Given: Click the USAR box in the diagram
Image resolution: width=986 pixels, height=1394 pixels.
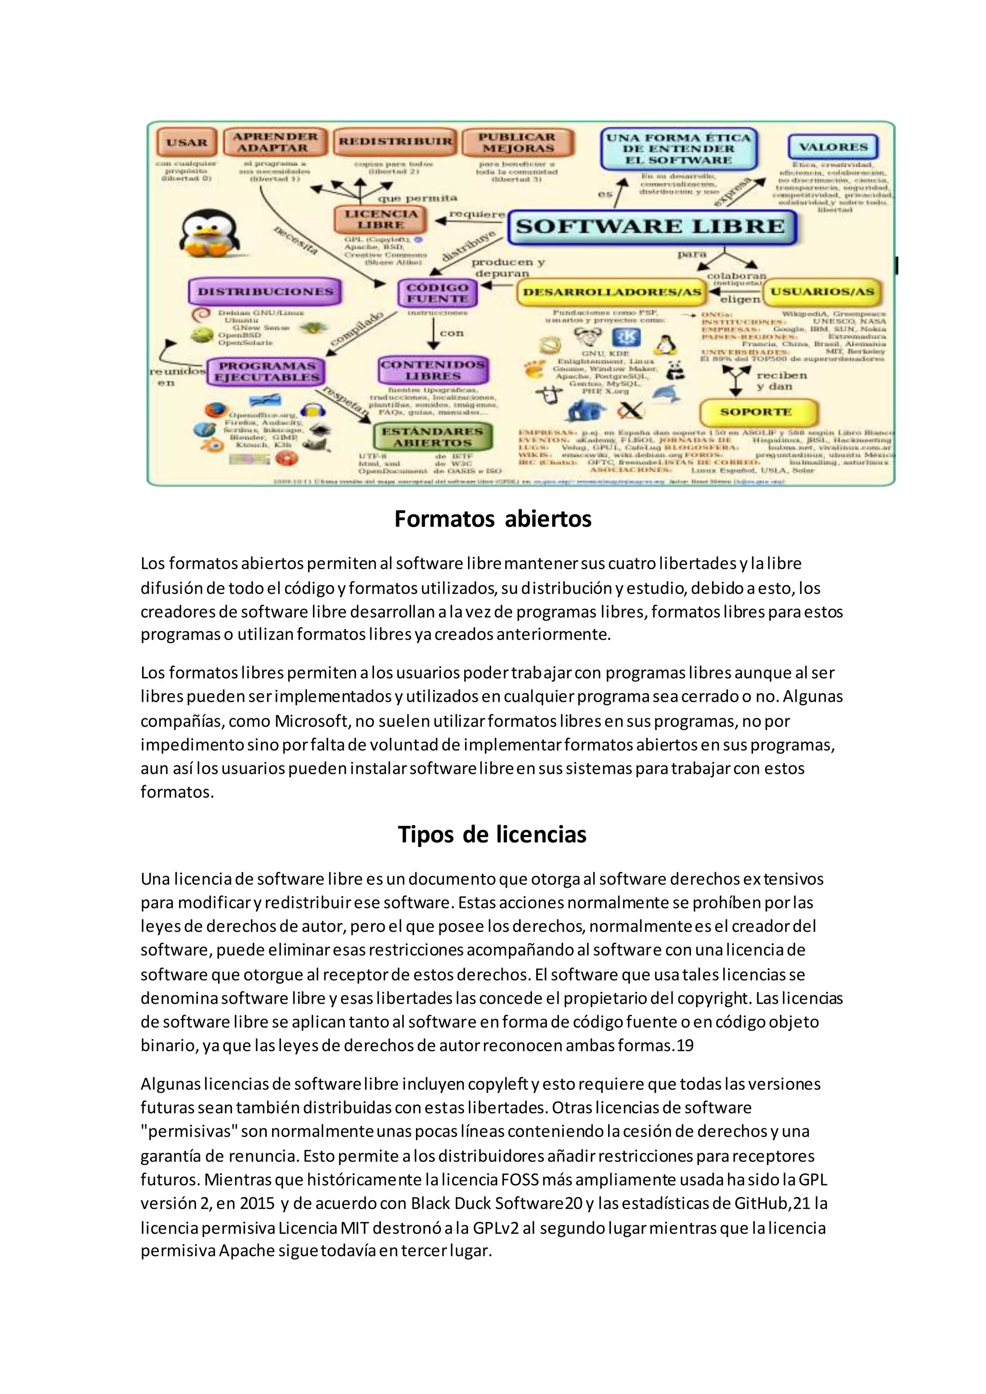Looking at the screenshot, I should tap(186, 142).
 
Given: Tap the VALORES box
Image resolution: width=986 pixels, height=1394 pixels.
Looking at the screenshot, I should tap(833, 147).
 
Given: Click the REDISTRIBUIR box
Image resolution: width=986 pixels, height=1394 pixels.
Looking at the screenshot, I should tap(395, 142).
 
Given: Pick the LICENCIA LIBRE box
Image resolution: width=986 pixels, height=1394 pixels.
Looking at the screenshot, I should tap(381, 219).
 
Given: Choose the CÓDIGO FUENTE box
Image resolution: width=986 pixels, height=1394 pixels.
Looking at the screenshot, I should tap(437, 293).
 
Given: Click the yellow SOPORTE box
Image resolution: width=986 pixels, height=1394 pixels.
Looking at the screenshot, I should tap(756, 412).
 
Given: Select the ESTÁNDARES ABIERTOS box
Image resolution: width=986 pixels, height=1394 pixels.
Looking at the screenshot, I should tap(432, 437).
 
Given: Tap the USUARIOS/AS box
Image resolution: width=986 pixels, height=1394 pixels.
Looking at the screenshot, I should tap(822, 292).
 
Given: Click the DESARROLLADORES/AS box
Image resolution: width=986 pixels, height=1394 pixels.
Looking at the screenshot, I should tap(611, 293).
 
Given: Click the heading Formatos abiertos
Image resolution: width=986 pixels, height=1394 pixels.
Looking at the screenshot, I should tap(493, 519).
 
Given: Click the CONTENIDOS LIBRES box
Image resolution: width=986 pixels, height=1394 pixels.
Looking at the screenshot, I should tap(432, 370).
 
